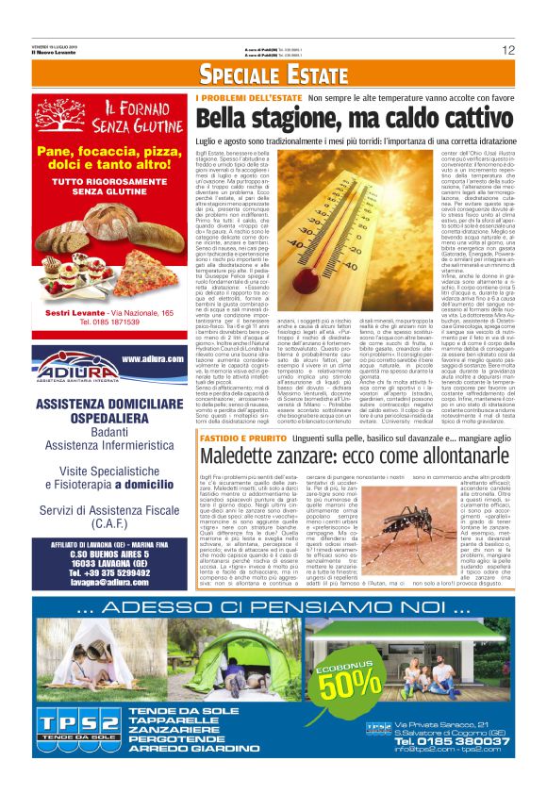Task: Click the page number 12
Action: [508, 50]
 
